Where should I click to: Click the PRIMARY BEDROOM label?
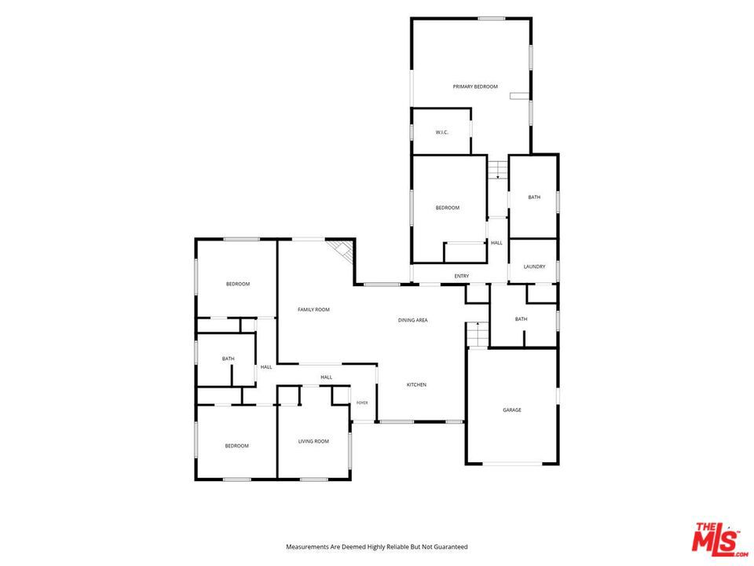point(475,86)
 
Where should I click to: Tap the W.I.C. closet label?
point(442,132)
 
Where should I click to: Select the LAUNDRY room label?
point(534,266)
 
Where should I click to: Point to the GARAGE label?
point(512,410)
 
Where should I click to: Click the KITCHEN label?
point(416,385)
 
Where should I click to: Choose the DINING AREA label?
point(412,320)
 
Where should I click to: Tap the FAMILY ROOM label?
point(313,310)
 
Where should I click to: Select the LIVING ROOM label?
point(313,441)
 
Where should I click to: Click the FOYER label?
point(362,402)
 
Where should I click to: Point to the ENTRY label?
point(462,276)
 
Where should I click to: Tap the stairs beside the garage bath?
point(478,335)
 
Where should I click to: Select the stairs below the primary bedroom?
point(498,170)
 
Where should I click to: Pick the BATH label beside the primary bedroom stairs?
point(534,197)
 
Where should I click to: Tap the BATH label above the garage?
point(522,319)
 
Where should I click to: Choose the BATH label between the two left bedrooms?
point(229,359)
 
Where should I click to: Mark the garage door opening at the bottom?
point(513,464)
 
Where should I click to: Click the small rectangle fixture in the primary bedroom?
point(520,96)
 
